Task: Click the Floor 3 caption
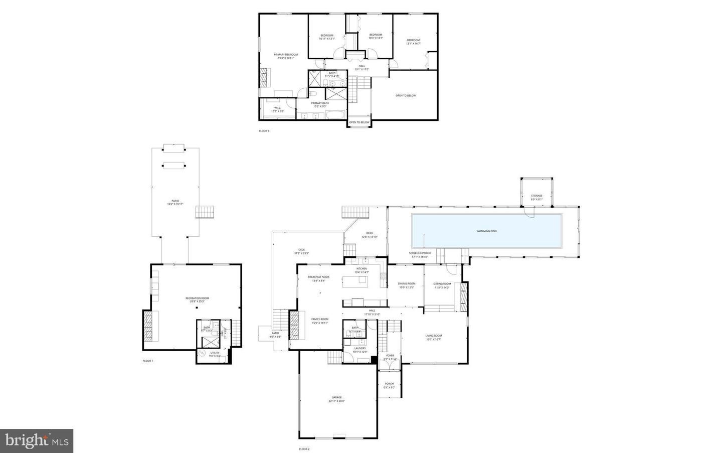[x=264, y=131]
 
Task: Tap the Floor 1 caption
[x=147, y=361]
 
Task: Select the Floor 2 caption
[x=304, y=449]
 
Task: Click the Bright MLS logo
[x=37, y=440]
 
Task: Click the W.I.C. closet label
[x=277, y=109]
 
